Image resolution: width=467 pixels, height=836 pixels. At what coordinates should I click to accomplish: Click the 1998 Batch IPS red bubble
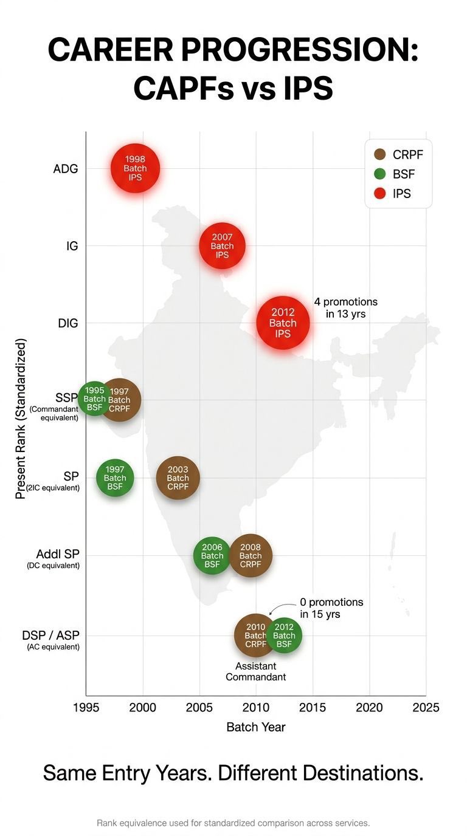[135, 168]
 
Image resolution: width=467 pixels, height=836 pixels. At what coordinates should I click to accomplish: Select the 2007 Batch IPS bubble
[222, 246]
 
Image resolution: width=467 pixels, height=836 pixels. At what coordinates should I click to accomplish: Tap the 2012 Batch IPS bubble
[283, 323]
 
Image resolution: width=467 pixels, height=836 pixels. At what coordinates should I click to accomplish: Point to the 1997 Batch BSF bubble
[115, 478]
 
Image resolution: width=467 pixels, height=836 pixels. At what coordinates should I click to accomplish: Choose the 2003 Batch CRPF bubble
[178, 478]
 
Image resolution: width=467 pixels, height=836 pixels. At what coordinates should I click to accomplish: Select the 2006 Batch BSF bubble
[212, 555]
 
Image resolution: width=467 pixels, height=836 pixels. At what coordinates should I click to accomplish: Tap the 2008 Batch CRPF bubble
[251, 555]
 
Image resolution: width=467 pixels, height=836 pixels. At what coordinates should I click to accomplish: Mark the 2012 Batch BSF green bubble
[284, 636]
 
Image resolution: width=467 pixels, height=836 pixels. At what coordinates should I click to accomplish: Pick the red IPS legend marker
[381, 194]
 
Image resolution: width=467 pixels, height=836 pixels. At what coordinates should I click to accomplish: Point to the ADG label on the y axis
[66, 169]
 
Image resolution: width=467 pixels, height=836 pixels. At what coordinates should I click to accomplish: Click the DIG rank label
[68, 323]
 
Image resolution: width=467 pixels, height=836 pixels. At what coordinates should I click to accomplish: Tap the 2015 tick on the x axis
[313, 707]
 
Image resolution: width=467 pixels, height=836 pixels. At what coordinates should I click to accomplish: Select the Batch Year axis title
[255, 727]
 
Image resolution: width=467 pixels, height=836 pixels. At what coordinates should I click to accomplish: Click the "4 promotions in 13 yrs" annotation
[345, 307]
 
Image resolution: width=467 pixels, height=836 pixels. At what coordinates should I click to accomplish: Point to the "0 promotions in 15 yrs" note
[331, 608]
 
